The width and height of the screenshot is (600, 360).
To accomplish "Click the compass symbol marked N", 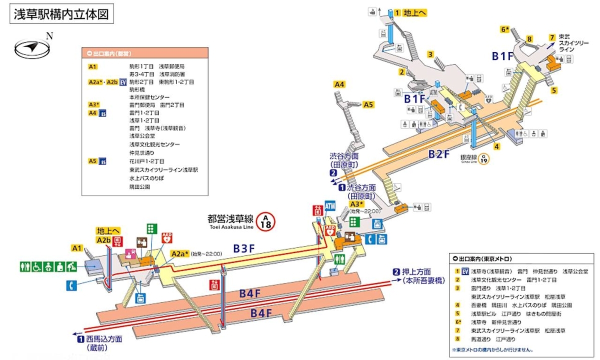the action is coord(33,47).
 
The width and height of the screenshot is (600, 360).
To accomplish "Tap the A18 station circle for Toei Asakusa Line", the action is coord(266,221).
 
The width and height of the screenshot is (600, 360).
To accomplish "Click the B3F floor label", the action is coord(246,248).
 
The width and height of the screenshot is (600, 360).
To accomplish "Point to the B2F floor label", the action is coord(439,154).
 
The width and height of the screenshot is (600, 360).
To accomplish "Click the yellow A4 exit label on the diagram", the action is coord(339,84).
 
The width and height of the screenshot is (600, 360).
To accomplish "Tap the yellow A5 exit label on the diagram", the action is coord(368,104).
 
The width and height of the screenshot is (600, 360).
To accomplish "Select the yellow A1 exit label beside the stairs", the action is coord(77,248).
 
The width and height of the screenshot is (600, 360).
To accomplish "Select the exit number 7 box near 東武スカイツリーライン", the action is coord(552,38).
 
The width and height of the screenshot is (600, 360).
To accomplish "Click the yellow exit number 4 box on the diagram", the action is coord(497,146).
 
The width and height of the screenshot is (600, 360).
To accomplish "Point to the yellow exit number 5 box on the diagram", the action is coord(554,90).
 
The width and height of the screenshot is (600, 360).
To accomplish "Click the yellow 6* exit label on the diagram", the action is coord(505,29).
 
